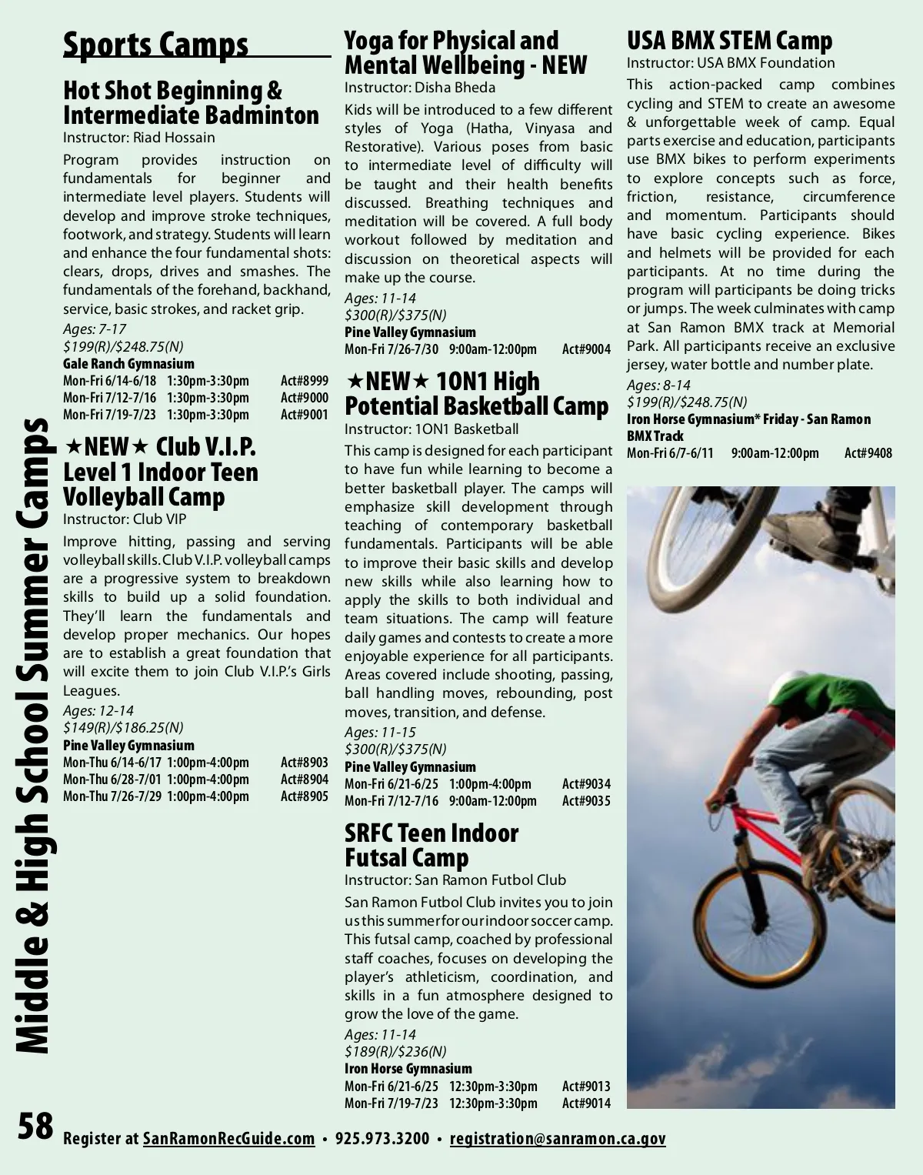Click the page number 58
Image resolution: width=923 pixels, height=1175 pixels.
click(x=35, y=1126)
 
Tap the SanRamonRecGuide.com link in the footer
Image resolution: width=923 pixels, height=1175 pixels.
click(x=228, y=1139)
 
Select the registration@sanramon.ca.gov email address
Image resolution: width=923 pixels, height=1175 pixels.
click(x=558, y=1139)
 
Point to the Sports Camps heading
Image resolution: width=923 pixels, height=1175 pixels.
click(x=155, y=45)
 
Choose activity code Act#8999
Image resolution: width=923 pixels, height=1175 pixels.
click(x=304, y=381)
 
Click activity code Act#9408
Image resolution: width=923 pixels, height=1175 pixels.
click(x=868, y=453)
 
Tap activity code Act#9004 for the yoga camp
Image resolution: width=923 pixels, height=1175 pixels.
click(x=586, y=349)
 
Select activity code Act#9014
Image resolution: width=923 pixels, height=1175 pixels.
click(x=586, y=1103)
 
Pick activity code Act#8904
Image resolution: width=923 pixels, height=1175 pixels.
click(x=304, y=779)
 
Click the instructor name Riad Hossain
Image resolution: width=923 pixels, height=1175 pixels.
click(x=174, y=138)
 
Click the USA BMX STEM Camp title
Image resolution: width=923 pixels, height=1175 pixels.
click(x=729, y=40)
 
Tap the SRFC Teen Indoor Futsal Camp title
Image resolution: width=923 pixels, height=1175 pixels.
click(x=431, y=845)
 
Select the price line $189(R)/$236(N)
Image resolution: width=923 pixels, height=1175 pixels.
click(x=395, y=1052)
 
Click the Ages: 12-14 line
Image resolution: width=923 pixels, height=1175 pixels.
click(x=98, y=711)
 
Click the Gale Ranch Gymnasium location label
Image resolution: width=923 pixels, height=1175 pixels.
click(x=128, y=364)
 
